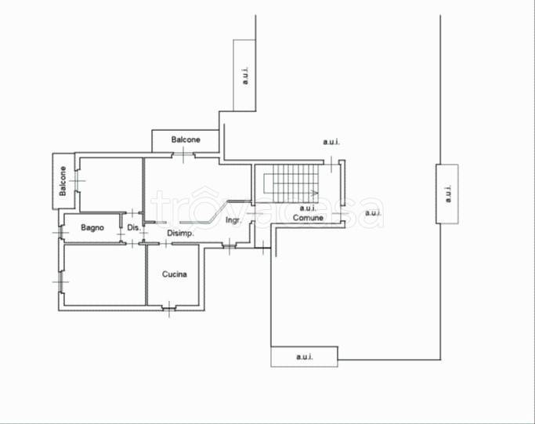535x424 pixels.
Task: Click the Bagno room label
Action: coord(92,228)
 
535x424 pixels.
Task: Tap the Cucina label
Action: coord(175,274)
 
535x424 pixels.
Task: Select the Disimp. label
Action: coord(180,234)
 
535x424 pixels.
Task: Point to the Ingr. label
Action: coord(233,220)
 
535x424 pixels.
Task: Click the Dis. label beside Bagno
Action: coord(134,228)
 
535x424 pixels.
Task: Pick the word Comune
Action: coord(308,218)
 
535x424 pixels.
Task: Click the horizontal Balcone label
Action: coord(186,140)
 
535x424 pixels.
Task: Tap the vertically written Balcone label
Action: coord(63,181)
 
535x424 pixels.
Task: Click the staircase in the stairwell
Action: coord(291,183)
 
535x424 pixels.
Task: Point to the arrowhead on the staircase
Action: coord(315,193)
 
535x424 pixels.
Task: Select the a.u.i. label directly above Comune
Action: coord(308,208)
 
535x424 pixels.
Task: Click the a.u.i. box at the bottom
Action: coord(305,357)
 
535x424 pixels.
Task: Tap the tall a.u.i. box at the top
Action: coord(244,75)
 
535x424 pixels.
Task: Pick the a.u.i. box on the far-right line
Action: coord(447,194)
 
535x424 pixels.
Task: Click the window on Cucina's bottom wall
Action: coord(169,308)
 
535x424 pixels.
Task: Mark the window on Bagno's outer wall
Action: coord(61,233)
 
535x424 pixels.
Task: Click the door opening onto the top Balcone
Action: coord(183,155)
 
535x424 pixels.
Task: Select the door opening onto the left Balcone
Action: coord(77,180)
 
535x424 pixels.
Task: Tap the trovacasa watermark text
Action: coord(267,208)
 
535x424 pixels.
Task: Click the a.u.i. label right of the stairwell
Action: coord(374,213)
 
